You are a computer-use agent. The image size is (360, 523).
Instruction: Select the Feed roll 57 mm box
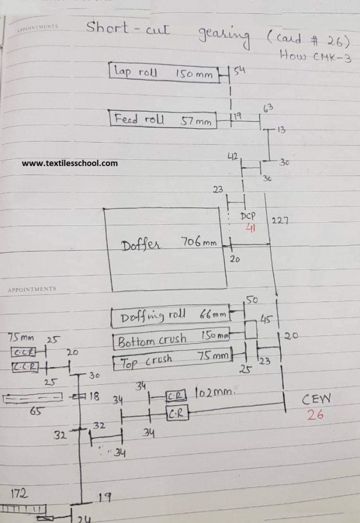pos(163,121)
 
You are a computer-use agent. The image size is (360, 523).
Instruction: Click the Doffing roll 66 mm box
pos(171,317)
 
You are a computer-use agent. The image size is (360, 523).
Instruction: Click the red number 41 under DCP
pos(251,229)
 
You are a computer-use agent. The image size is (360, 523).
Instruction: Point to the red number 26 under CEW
pos(315,415)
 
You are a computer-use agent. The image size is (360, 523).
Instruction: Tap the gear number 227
pos(280,220)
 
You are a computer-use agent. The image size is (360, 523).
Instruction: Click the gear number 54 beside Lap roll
pos(240,70)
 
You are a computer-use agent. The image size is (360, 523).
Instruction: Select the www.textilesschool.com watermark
pos(69,163)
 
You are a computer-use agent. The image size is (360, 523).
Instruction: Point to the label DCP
pos(248,216)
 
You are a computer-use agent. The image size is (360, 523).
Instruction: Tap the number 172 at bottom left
pos(19,493)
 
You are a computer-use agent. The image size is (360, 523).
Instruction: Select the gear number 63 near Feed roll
pos(269,108)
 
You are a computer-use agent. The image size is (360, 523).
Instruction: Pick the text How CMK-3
pos(316,56)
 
